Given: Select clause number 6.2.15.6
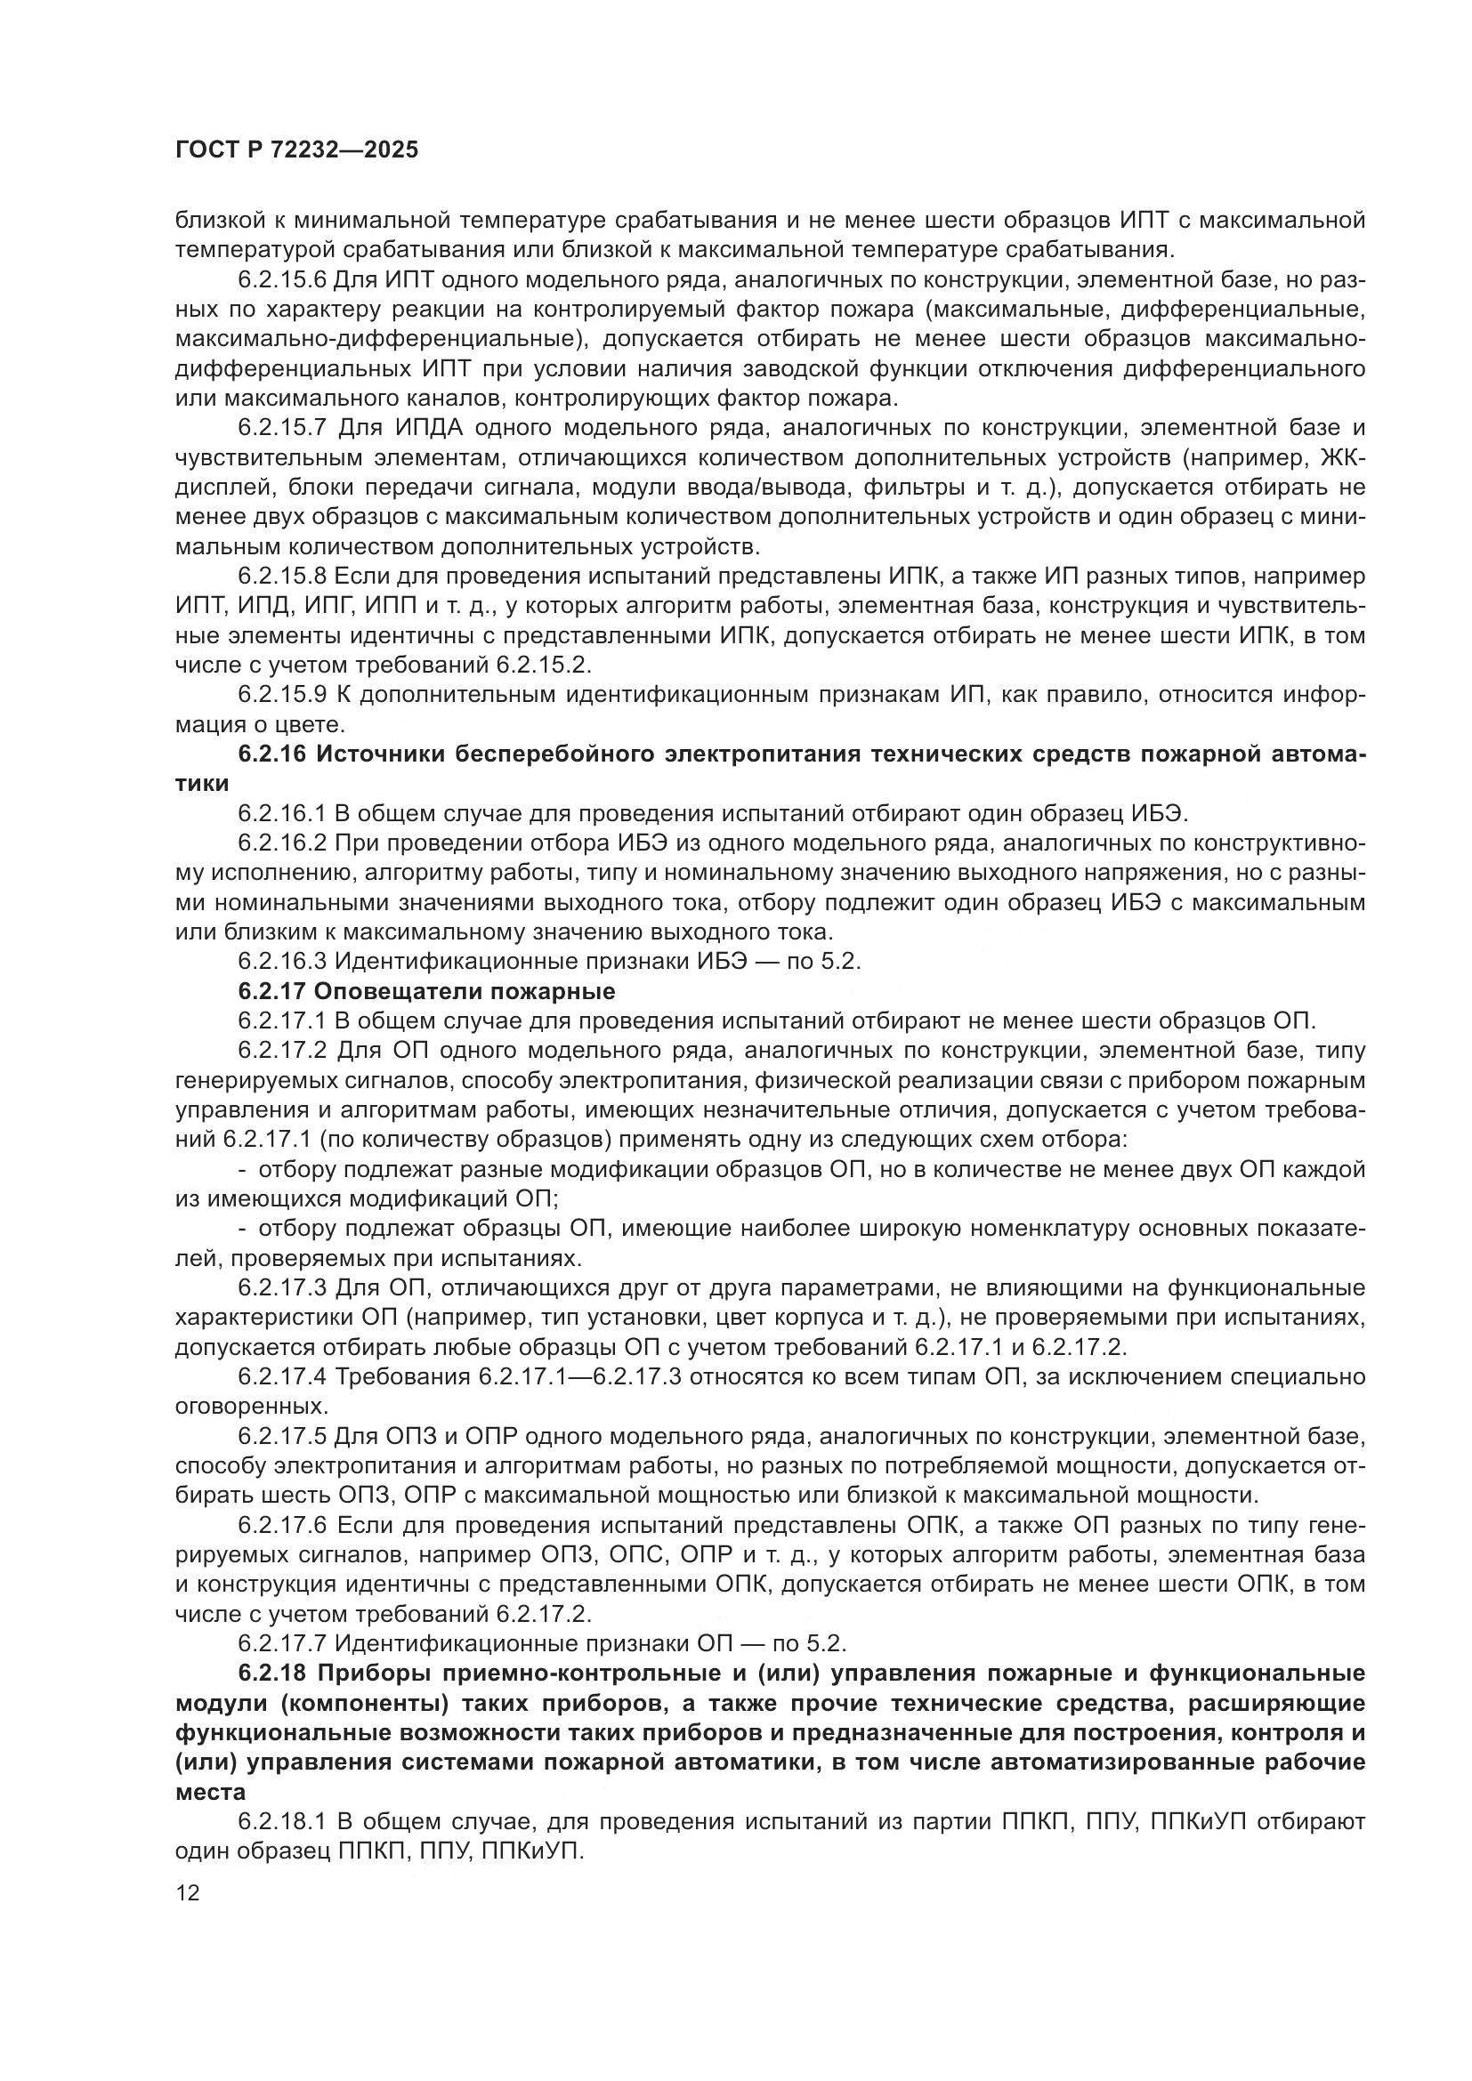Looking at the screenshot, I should coord(283,280).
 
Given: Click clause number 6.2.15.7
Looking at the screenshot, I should coord(283,429).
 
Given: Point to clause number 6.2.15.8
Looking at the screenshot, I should coord(283,577).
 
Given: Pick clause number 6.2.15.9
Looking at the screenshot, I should coord(283,695).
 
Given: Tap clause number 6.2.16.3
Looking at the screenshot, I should coord(283,962).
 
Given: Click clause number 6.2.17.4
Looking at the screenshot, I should coord(283,1376).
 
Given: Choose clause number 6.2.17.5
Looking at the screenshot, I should coord(283,1437).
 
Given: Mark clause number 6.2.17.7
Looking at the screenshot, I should coord(283,1643).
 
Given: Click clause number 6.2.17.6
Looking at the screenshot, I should coord(283,1526).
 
